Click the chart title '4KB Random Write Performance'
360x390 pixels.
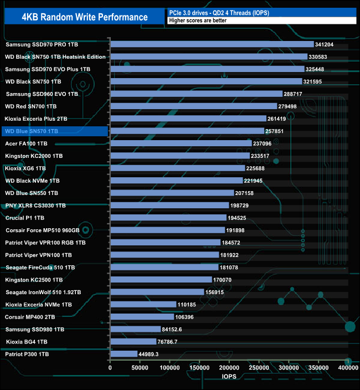coord(85,17)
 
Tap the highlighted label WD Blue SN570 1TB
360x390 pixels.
coord(31,131)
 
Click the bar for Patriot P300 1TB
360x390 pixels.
coord(124,354)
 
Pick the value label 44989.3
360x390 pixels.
coord(153,354)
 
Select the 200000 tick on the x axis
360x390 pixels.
coord(230,368)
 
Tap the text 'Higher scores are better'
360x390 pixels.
coord(200,20)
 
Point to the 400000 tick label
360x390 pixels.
coord(348,368)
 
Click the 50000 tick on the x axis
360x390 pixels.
coord(140,368)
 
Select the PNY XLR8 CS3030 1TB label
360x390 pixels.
coord(35,206)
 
